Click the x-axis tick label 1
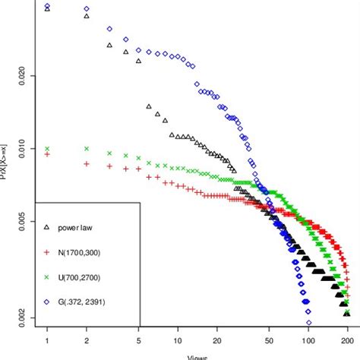(x=47, y=341)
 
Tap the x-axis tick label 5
(x=138, y=341)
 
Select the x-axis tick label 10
(x=178, y=341)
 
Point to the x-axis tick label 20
(x=217, y=341)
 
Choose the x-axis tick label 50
(x=269, y=341)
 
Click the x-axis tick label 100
(x=308, y=341)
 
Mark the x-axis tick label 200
(x=347, y=341)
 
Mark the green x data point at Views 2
(x=87, y=149)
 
